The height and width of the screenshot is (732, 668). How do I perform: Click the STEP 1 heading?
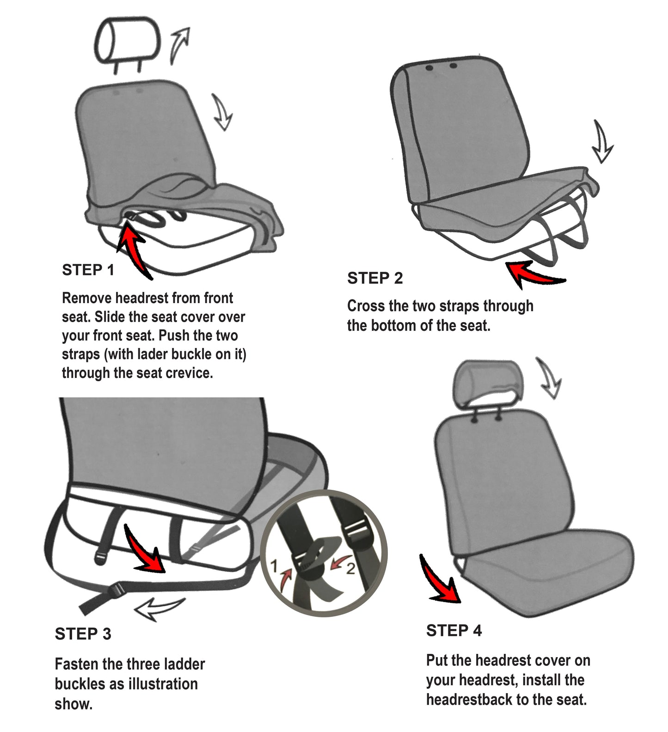click(88, 270)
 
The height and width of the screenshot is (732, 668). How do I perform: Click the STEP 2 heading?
click(375, 279)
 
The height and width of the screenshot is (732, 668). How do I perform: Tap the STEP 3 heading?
click(83, 634)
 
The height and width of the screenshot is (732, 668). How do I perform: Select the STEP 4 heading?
click(454, 631)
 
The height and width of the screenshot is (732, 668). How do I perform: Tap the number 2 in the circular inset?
click(350, 568)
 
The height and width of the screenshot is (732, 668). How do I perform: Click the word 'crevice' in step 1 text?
click(189, 373)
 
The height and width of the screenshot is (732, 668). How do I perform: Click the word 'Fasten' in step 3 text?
click(77, 665)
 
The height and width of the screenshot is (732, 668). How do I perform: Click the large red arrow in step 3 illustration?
click(145, 550)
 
